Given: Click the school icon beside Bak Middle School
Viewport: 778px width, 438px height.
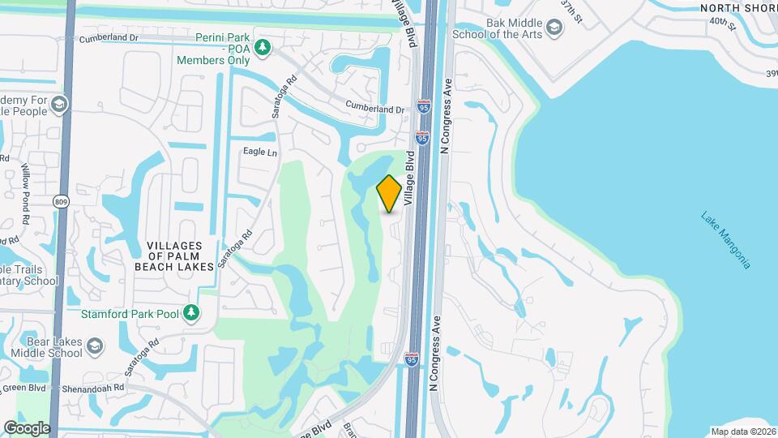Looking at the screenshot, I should [x=554, y=29].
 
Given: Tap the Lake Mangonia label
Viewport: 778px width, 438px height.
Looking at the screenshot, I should [x=727, y=240].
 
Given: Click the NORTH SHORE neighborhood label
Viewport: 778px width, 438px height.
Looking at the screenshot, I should [x=738, y=8].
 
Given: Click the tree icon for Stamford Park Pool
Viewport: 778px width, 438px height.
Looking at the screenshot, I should [x=190, y=312].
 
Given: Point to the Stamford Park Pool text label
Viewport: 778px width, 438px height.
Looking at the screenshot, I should [x=132, y=313].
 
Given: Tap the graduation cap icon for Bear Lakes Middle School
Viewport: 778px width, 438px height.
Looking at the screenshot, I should [x=95, y=347].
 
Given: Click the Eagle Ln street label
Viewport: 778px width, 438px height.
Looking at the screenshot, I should [x=260, y=152].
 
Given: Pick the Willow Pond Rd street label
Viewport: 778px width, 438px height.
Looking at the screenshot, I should [x=26, y=195].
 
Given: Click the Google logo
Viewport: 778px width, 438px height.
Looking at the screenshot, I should [x=27, y=427].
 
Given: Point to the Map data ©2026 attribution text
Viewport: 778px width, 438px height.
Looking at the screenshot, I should [x=742, y=431].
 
